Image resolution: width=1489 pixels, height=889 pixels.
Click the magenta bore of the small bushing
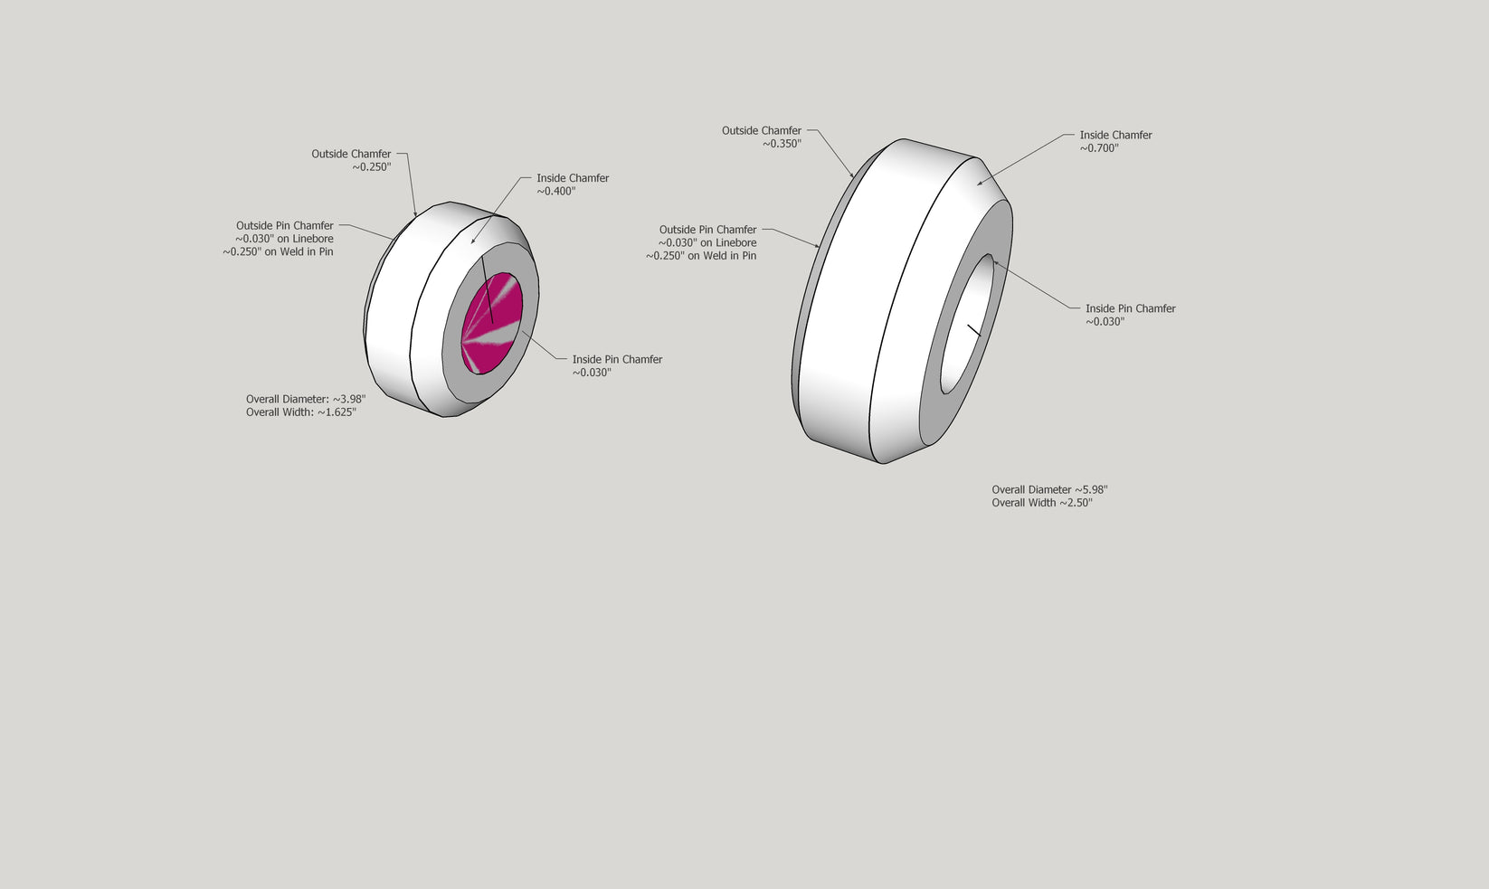(492, 323)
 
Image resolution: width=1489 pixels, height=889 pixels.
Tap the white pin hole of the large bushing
(967, 324)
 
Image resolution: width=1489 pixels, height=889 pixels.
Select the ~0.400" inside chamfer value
(556, 192)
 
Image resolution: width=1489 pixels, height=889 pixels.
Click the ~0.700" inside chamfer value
(1099, 148)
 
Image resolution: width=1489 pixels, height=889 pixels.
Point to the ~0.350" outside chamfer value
(782, 144)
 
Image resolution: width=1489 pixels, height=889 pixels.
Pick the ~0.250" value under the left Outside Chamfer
(372, 166)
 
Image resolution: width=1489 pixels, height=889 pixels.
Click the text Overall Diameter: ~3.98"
(306, 400)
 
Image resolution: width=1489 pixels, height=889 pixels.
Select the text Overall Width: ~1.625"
(301, 412)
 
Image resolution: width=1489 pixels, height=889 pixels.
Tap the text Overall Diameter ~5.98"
(1049, 489)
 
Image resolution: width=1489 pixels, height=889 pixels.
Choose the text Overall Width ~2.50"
(1042, 503)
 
